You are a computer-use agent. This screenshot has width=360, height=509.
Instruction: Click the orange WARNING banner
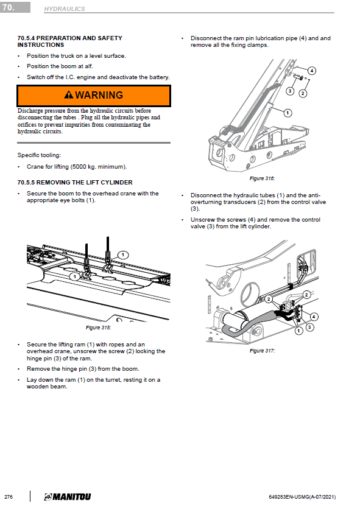point(94,96)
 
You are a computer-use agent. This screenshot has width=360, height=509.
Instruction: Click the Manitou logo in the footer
point(68,497)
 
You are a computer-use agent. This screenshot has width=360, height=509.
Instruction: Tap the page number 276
point(9,497)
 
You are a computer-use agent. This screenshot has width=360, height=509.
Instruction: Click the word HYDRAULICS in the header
point(65,9)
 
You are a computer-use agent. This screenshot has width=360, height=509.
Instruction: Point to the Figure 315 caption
point(99,328)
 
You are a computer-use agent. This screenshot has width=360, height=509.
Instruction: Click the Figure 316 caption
point(262,178)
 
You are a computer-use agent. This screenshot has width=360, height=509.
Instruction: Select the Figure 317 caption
point(262,351)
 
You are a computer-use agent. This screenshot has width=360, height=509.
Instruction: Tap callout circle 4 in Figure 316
point(312,71)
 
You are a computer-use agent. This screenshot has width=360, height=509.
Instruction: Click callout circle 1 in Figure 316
point(288,113)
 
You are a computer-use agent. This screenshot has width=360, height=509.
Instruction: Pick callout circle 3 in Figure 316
point(290,91)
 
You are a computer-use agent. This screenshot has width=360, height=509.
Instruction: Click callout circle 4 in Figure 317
point(314,317)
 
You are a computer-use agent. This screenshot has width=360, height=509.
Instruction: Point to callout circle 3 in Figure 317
point(310,327)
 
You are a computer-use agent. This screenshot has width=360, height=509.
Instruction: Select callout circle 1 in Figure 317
point(298,331)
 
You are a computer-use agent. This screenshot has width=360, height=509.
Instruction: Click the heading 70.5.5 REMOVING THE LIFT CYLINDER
point(75,183)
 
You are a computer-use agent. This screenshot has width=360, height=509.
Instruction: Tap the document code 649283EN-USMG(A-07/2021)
point(303,497)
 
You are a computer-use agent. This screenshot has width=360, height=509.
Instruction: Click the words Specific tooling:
point(39,155)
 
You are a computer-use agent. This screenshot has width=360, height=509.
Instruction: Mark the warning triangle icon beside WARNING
point(69,95)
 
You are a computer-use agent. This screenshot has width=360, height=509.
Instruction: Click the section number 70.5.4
point(26,38)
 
